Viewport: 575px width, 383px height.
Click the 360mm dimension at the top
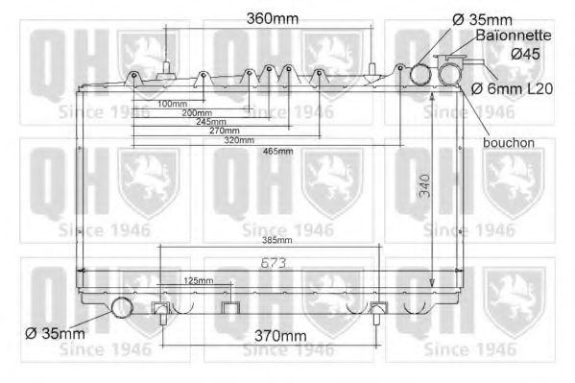point(273,18)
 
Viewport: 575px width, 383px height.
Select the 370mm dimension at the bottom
point(276,336)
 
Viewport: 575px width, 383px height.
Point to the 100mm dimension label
point(172,103)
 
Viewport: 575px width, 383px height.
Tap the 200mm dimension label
point(196,112)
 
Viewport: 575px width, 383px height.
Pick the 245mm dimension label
point(210,122)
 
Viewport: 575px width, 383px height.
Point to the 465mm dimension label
point(277,152)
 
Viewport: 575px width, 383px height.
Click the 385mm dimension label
point(276,240)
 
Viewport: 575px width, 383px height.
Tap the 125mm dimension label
point(197,280)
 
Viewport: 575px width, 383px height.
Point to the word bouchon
point(509,142)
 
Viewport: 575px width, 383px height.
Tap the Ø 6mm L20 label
point(512,88)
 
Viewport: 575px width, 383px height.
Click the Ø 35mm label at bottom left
point(55,333)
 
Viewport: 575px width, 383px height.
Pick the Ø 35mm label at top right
point(481,18)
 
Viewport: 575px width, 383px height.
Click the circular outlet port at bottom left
point(122,308)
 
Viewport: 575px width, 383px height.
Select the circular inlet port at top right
point(420,74)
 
